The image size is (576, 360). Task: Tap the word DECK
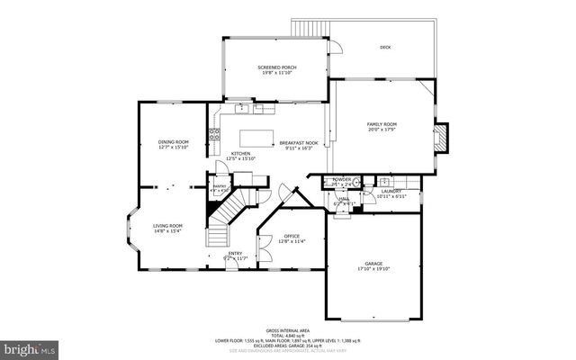point(385,47)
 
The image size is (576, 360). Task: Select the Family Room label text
point(382,123)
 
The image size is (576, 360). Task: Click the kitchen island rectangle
point(256,139)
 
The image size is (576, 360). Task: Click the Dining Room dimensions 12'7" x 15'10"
point(173,148)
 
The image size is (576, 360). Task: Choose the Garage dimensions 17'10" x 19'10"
point(373,268)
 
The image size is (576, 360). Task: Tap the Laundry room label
point(391,191)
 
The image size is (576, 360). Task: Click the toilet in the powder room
point(355,183)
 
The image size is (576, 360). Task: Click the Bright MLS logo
point(29,346)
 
